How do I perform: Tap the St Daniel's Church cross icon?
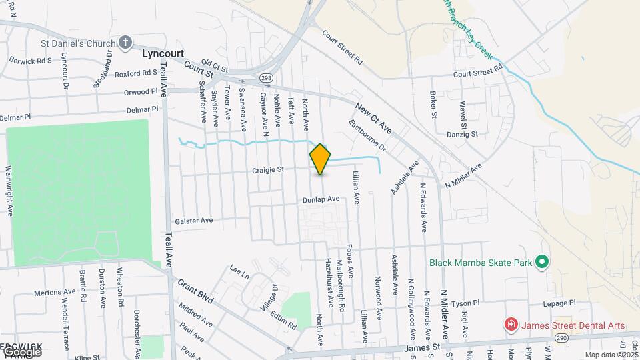(x=125, y=43)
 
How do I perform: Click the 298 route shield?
(x=266, y=79)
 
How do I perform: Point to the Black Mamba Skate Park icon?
(x=542, y=262)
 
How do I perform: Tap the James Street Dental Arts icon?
(x=511, y=325)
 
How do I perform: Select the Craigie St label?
(x=268, y=170)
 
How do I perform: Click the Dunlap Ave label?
(x=321, y=199)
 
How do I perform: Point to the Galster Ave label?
(x=193, y=220)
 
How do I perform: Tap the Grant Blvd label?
(x=195, y=291)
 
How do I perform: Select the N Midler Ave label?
(x=463, y=177)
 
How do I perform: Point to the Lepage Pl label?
(x=559, y=303)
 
